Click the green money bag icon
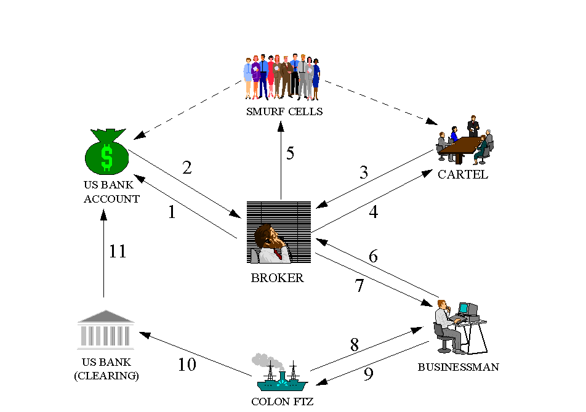point(106,153)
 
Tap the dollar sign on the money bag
point(107,158)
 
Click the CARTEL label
point(462,174)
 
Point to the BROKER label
point(277,278)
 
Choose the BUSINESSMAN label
point(458,367)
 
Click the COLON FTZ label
point(283,402)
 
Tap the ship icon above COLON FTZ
point(281,376)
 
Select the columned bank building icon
point(105,329)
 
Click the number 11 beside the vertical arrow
point(118,251)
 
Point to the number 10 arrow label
point(187,365)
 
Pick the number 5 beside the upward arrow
point(290,153)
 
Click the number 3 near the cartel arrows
point(364,173)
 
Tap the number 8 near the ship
point(355,345)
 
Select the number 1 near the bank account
point(172,212)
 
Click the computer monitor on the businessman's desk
point(467,309)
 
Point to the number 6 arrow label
point(373,256)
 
